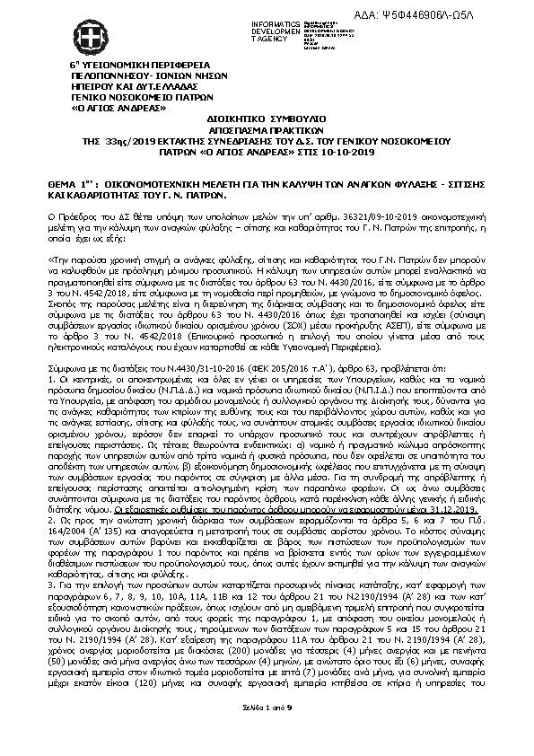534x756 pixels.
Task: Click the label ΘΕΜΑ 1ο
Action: point(70,180)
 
